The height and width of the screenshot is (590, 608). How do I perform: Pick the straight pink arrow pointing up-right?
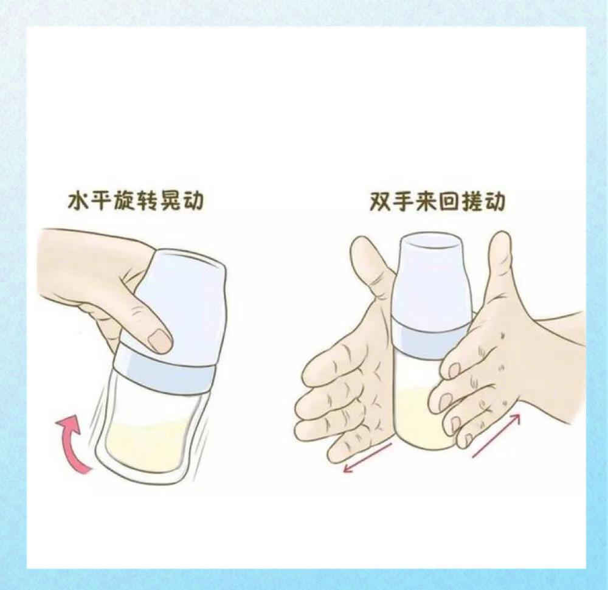click(496, 434)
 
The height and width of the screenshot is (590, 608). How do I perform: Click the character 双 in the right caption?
click(382, 201)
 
